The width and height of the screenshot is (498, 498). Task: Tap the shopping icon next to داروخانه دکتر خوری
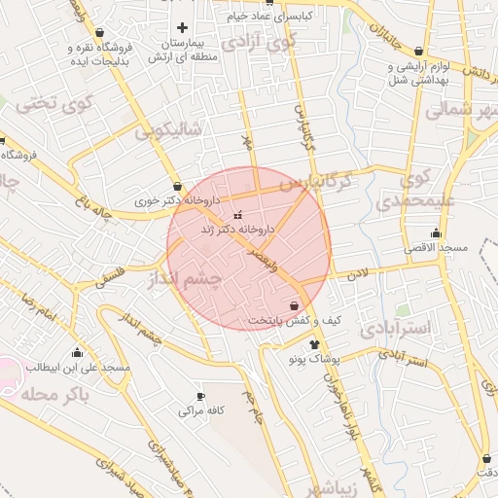tap(176, 186)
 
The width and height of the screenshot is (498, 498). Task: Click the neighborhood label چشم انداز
tap(184, 279)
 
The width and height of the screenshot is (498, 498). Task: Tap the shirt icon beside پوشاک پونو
tap(314, 344)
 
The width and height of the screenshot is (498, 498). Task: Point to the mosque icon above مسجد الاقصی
tap(435, 232)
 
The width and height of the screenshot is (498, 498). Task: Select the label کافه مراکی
tap(201, 411)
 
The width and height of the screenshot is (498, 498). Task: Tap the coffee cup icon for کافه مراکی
tap(201, 396)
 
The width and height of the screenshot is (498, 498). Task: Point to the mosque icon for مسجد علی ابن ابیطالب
tap(77, 351)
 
